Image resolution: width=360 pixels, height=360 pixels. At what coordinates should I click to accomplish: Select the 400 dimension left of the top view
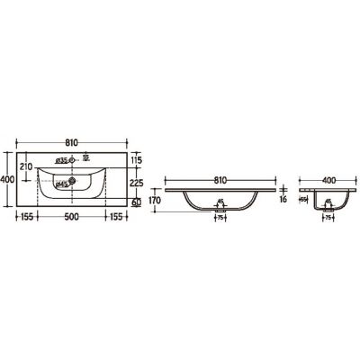[x=6, y=180]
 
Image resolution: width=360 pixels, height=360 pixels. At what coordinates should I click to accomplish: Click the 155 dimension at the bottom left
[x=26, y=217]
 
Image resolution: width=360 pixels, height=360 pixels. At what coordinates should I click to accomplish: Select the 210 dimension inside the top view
[x=26, y=166]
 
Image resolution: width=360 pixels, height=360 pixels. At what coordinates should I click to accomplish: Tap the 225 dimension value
[x=137, y=182]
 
